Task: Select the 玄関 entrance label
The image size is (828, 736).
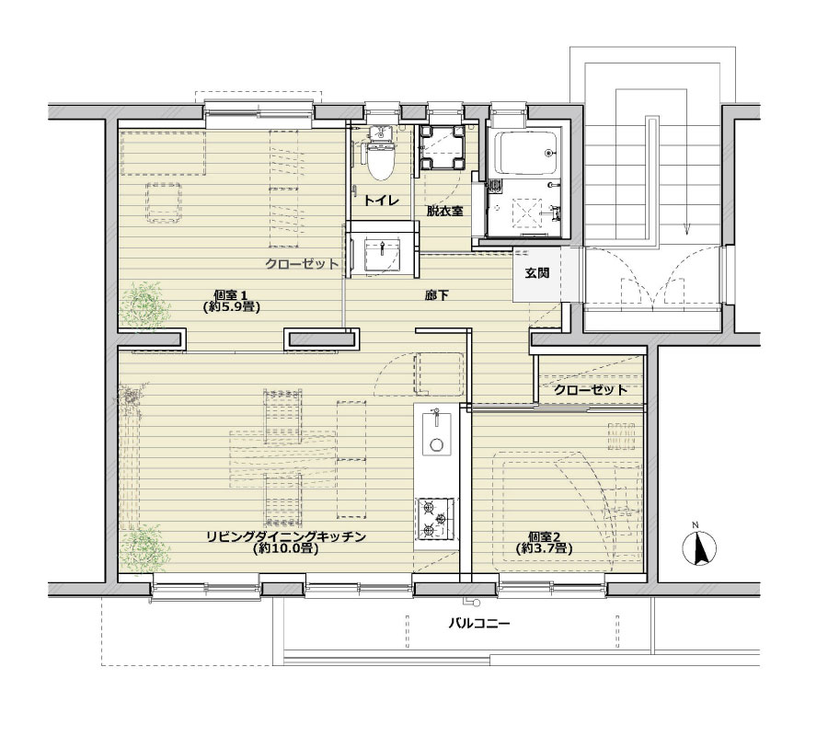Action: tap(537, 273)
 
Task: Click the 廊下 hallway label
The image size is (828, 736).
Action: tap(436, 295)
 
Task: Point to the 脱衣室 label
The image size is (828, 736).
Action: tap(444, 212)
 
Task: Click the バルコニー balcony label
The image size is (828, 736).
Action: tap(479, 624)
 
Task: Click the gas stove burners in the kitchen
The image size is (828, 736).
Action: tap(436, 519)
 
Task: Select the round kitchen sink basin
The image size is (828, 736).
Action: tap(436, 444)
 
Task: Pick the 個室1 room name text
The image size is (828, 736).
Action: tap(231, 295)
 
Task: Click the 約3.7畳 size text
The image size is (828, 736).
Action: tap(544, 548)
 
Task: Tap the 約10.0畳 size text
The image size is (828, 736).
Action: tap(284, 548)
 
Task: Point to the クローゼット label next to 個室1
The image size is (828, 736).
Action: tap(302, 264)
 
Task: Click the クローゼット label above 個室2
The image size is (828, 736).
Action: tap(591, 390)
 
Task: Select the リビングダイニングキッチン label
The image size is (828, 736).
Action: tap(285, 537)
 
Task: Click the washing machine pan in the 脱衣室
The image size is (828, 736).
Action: tap(442, 147)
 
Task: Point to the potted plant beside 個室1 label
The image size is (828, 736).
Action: tap(144, 306)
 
